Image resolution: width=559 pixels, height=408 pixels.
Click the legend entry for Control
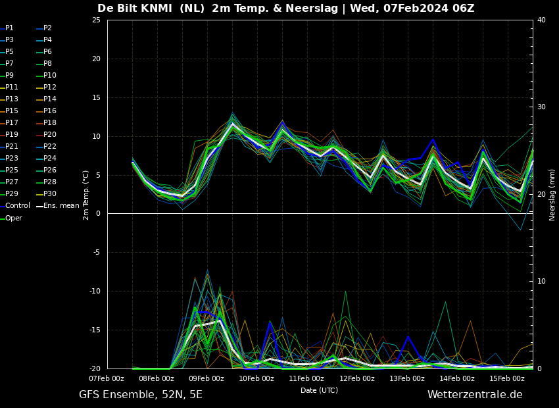coord(15,206)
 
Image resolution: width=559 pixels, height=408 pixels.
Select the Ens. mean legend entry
coord(58,206)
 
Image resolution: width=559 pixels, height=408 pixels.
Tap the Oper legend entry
coord(11,218)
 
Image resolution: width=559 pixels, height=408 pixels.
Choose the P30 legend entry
coord(47,193)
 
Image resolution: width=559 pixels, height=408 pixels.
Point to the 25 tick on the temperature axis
coord(96,20)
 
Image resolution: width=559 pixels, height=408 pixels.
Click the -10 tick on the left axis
coord(95,291)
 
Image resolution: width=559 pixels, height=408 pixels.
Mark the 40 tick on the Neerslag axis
coord(541,20)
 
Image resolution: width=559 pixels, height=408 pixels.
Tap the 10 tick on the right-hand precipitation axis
coord(541,282)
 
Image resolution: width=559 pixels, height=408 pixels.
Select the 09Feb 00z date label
coord(207,378)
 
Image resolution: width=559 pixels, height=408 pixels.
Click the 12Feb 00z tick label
coord(357,378)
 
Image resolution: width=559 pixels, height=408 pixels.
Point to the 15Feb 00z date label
coord(507,378)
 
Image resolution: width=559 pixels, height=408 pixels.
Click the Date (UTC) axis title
coord(319,390)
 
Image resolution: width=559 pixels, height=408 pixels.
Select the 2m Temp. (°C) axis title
coord(86,195)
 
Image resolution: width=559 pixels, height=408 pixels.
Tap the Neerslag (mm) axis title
coord(552,195)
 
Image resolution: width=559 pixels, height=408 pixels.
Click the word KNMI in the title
coord(157,8)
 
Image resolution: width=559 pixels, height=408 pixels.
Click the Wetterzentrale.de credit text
coord(475,394)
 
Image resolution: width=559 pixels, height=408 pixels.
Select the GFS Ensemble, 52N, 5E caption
coord(141,395)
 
